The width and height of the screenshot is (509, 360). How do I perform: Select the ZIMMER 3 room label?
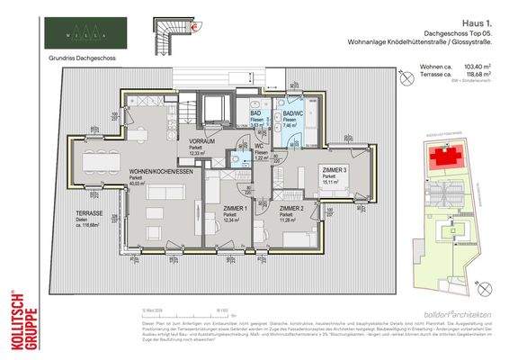(x=333, y=170)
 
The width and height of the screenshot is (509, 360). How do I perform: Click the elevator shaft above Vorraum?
(x=217, y=110)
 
